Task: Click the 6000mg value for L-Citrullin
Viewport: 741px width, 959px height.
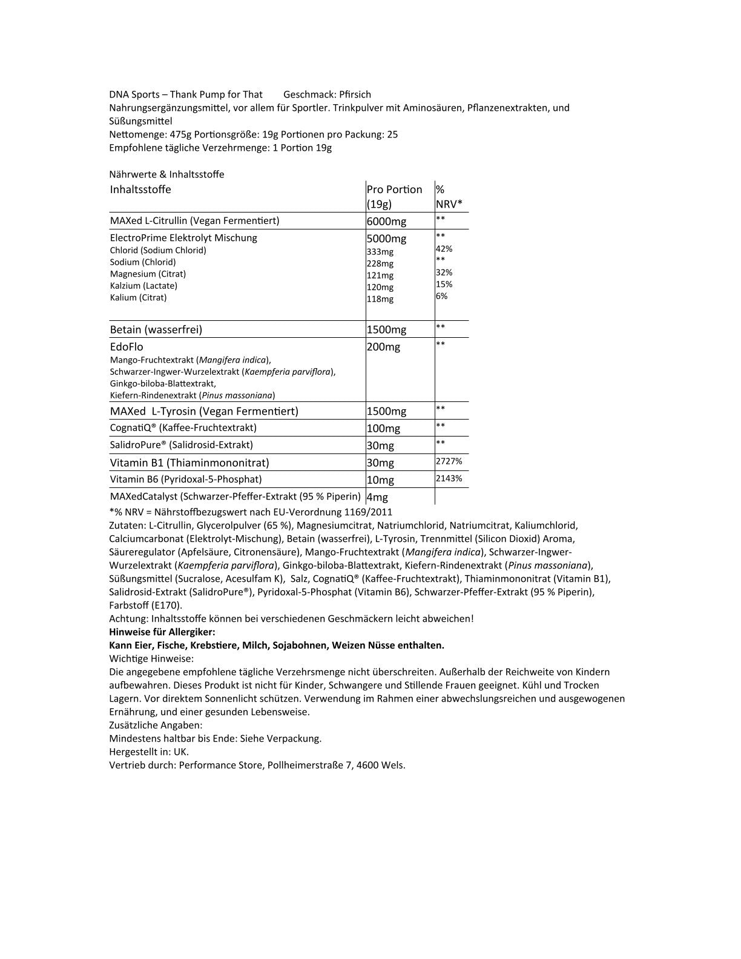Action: (x=387, y=222)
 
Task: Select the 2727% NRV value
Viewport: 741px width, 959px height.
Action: (x=449, y=461)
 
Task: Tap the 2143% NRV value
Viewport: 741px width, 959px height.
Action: (x=449, y=478)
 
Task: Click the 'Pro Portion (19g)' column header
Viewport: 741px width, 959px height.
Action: (x=394, y=196)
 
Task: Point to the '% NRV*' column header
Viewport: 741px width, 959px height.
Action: (x=449, y=196)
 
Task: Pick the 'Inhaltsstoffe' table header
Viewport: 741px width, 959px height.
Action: (x=140, y=189)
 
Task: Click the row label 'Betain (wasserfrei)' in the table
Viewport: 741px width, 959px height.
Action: (x=156, y=330)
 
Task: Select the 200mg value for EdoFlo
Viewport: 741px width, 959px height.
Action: (x=383, y=347)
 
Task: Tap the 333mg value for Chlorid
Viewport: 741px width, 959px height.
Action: (x=380, y=252)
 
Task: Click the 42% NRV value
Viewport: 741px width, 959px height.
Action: (x=444, y=249)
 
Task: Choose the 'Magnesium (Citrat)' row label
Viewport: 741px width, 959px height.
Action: (x=148, y=274)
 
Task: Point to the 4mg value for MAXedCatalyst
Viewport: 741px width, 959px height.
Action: (x=377, y=497)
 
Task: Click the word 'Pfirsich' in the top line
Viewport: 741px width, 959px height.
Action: (x=355, y=94)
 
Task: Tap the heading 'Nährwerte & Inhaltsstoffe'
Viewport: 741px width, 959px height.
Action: (x=166, y=174)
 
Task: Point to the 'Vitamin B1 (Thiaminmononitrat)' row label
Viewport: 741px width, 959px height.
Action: (x=189, y=463)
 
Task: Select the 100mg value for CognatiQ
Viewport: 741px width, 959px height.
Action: (x=383, y=429)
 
